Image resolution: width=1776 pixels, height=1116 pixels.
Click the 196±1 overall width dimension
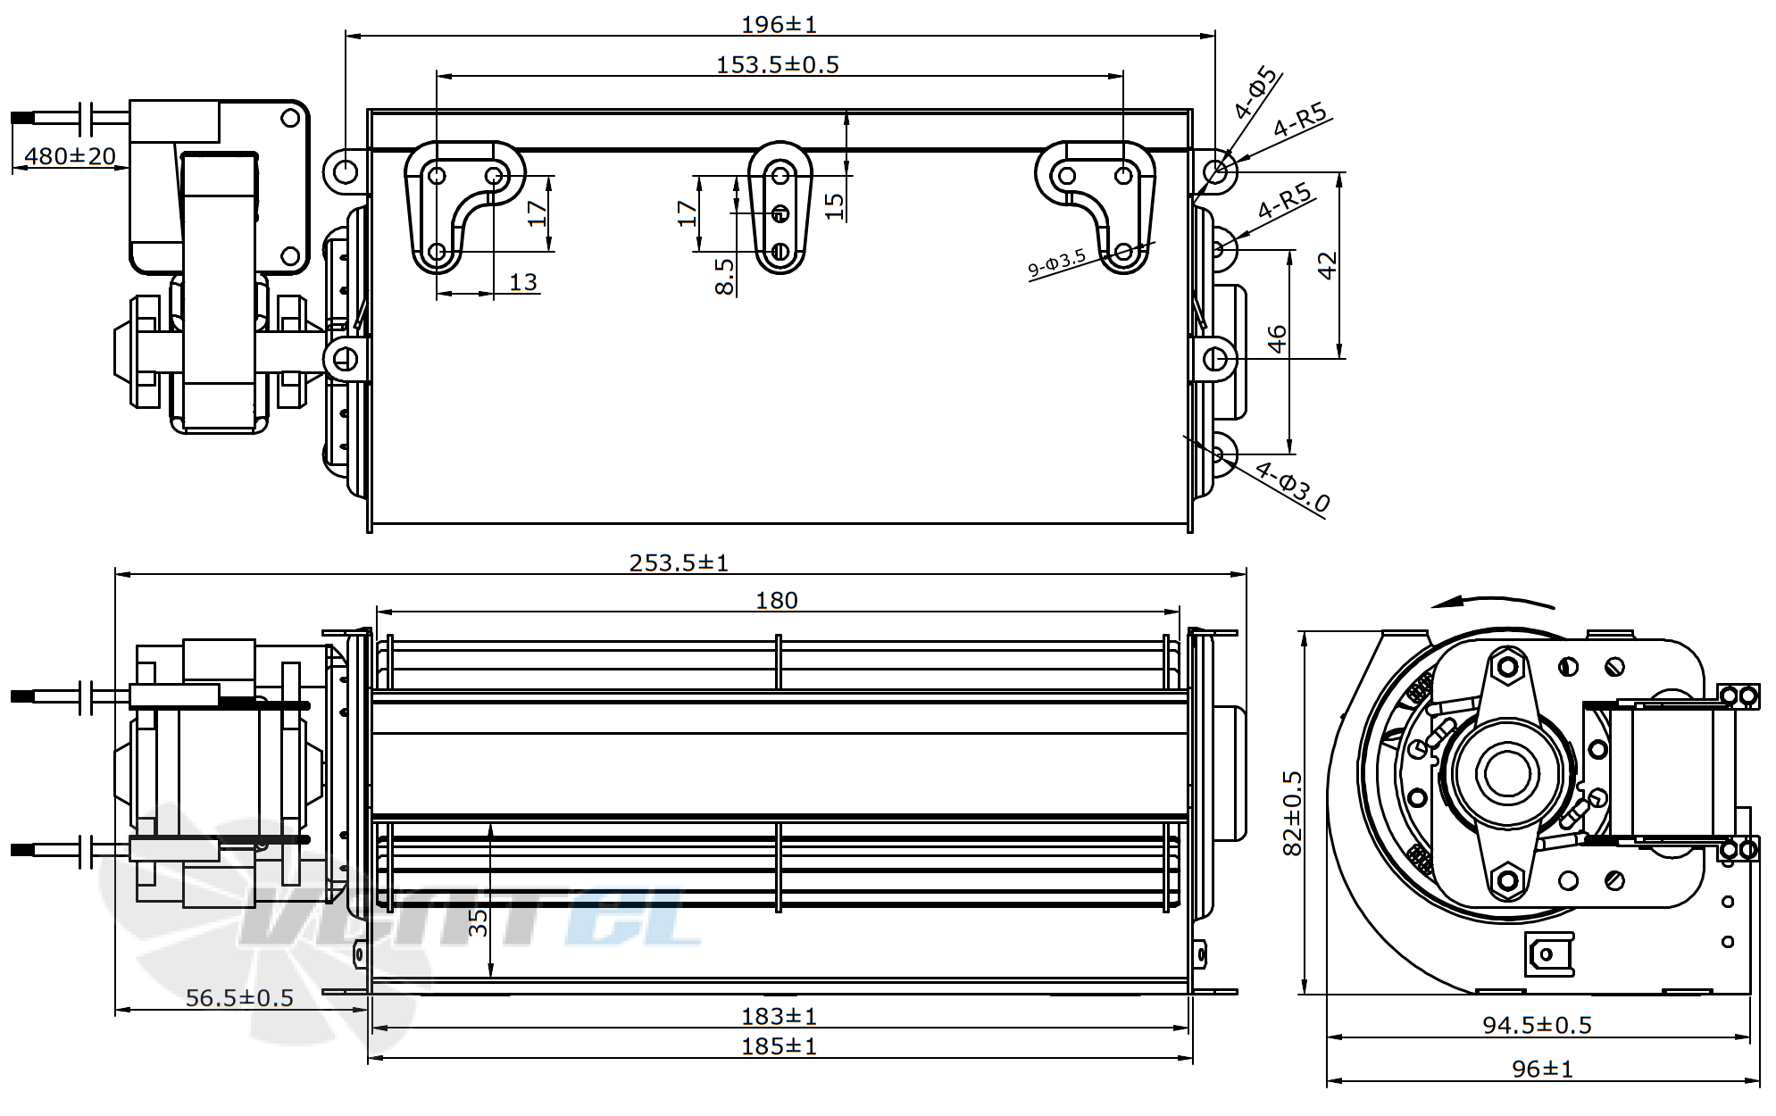779,24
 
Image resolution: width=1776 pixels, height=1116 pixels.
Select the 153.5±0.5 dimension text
777,64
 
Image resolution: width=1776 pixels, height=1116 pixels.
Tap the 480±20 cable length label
70,156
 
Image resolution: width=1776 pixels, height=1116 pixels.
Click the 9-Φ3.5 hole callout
1056,262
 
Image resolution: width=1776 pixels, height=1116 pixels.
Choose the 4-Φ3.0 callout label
1292,487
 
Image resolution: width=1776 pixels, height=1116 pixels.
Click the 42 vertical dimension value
1328,265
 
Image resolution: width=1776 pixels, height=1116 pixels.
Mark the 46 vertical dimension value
1278,339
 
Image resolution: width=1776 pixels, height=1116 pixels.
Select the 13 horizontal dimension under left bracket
522,282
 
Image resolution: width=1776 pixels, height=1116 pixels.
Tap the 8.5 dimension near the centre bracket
725,276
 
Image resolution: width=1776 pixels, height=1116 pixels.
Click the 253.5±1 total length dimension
679,562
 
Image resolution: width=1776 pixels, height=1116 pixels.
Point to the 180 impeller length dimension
776,601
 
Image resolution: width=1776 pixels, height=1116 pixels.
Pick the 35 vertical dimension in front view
479,921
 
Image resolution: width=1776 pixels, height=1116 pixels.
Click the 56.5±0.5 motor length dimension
239,997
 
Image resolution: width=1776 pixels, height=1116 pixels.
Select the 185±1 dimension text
779,1045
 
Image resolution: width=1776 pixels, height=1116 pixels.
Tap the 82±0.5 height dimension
1292,812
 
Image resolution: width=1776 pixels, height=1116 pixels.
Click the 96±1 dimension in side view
1542,1069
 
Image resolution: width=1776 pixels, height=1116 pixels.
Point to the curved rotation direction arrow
1491,600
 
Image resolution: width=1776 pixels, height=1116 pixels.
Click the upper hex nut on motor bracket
1507,667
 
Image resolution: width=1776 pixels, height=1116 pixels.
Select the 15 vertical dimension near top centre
834,205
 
